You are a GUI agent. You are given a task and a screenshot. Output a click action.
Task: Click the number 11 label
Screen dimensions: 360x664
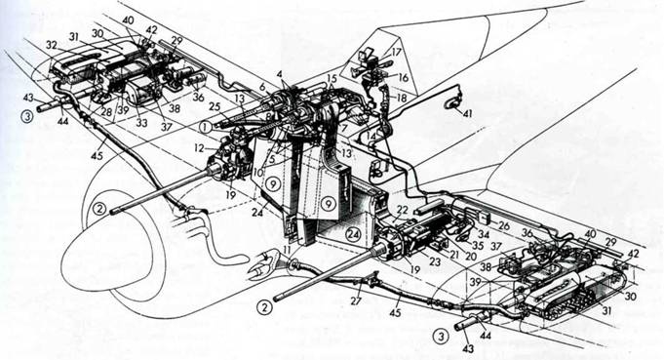(287, 250)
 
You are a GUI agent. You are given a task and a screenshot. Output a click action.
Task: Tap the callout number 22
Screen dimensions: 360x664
(402, 210)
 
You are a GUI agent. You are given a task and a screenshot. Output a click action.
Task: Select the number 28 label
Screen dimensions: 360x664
(104, 113)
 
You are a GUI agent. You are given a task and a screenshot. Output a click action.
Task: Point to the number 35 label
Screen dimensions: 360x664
(478, 246)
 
